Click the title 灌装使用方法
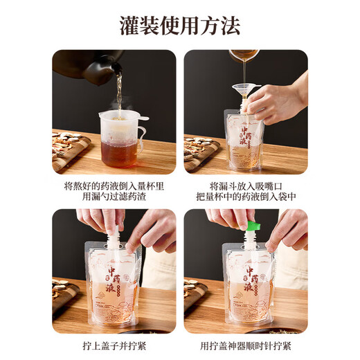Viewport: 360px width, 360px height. click(x=180, y=26)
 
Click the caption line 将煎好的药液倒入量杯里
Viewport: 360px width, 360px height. click(x=114, y=186)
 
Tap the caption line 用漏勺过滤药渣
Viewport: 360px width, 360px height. click(x=114, y=197)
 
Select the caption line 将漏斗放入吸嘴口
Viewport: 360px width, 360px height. click(x=246, y=186)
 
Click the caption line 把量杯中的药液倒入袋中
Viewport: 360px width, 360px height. click(x=246, y=197)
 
